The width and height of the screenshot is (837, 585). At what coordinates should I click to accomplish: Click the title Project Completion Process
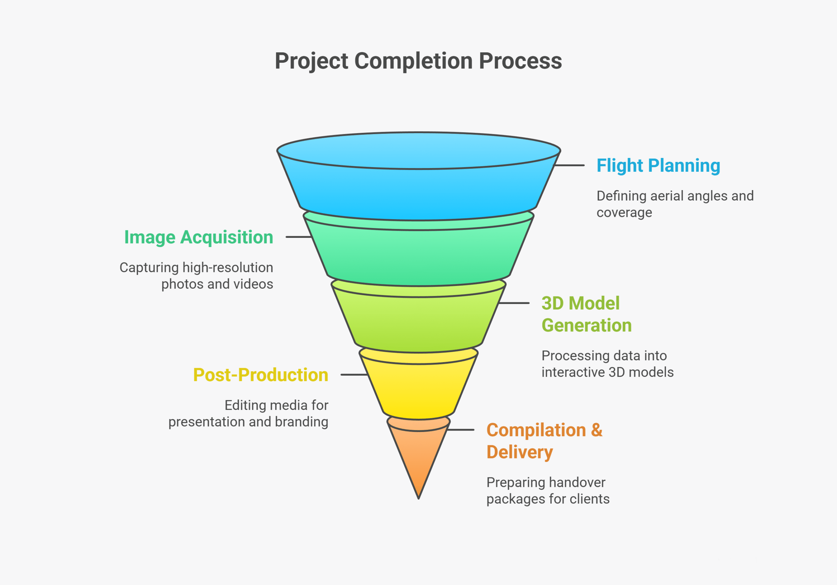(418, 61)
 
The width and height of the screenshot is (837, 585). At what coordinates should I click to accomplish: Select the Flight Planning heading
(658, 166)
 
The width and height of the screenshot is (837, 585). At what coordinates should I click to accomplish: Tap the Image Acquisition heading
(199, 238)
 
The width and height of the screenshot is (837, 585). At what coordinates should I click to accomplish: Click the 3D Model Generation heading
(586, 314)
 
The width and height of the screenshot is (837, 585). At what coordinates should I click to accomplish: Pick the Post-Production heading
(261, 375)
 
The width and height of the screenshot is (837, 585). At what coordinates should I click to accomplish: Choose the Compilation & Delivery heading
(544, 441)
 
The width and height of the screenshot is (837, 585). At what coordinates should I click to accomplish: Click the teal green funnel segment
(418, 255)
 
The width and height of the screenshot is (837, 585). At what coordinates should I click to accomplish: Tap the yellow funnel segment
(418, 388)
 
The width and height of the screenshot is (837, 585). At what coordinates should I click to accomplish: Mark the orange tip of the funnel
(418, 460)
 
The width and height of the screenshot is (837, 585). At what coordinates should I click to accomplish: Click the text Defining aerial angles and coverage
(675, 204)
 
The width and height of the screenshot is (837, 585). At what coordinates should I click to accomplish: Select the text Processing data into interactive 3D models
(607, 364)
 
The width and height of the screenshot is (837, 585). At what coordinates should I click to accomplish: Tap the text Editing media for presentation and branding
(248, 414)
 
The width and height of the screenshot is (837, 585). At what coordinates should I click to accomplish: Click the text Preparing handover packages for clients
(548, 490)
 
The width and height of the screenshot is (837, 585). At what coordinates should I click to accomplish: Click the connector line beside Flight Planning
(570, 165)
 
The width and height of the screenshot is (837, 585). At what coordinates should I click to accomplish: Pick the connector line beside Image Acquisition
(299, 237)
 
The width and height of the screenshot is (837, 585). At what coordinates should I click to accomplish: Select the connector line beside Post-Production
(354, 375)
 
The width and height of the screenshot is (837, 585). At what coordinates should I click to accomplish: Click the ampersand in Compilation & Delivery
(596, 430)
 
